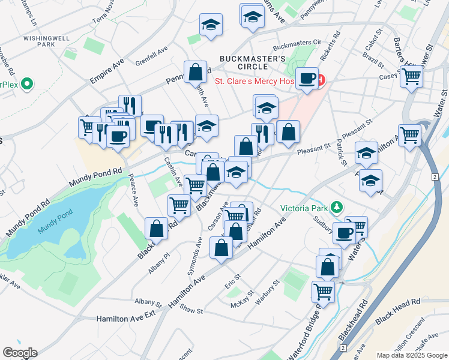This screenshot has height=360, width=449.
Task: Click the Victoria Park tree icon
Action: coord(337,208)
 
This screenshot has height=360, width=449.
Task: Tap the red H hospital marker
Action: coord(320,80)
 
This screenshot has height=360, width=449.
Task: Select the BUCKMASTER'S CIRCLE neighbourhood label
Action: coord(252,64)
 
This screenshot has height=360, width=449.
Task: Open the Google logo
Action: coord(20,353)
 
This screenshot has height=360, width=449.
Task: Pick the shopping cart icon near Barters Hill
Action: coord(412,77)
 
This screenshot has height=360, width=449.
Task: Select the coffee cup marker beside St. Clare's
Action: coord(307,78)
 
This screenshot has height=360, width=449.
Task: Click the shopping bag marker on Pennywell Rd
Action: coord(196,73)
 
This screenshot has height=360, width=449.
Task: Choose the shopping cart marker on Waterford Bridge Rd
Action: coord(323,292)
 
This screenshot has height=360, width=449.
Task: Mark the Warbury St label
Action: coord(268,292)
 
